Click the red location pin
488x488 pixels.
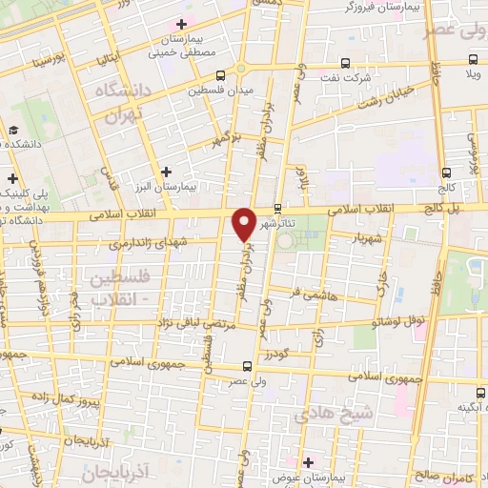pyautogui.click(x=245, y=221)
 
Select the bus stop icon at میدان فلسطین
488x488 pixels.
pyautogui.click(x=221, y=74)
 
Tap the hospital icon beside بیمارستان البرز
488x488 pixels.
pyautogui.click(x=167, y=172)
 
